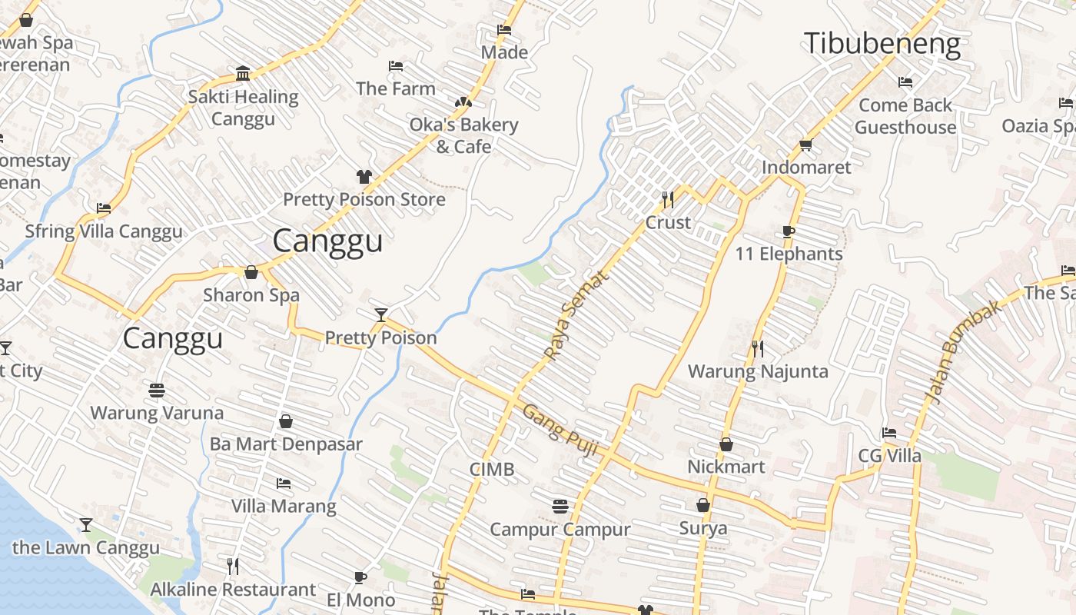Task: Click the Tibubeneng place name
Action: point(882,44)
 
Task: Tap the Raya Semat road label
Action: point(576,315)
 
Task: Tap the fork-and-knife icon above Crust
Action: point(667,200)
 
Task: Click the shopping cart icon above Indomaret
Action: point(805,145)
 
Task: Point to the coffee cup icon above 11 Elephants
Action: point(788,231)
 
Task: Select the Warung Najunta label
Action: point(758,372)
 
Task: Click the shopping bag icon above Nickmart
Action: point(726,444)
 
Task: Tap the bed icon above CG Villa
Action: point(889,433)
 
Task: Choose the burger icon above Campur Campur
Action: point(560,507)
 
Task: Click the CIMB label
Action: point(492,470)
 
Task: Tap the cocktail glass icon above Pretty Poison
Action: point(380,314)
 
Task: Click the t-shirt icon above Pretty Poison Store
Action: point(364,177)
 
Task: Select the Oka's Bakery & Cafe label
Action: point(463,135)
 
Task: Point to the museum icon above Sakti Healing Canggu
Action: point(243,74)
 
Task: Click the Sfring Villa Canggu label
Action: point(104,231)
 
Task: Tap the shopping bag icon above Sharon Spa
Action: point(251,272)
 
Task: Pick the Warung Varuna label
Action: point(157,413)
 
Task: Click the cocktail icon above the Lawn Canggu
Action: point(85,525)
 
